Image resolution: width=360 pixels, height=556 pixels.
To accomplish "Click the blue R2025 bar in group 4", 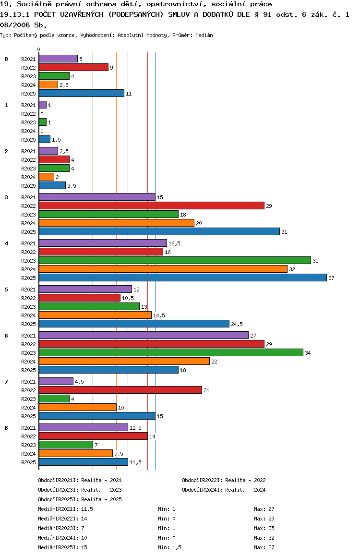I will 182,278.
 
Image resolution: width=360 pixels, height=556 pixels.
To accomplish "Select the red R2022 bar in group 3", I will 151,205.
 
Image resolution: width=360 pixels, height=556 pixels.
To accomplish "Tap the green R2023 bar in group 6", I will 171,352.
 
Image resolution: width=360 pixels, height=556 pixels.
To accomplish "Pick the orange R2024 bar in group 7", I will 77,407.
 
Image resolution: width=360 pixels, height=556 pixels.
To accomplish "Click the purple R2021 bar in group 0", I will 58,59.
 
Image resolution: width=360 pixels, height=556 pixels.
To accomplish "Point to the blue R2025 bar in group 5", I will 134,324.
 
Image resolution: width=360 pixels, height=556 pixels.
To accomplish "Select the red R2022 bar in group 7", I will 120,390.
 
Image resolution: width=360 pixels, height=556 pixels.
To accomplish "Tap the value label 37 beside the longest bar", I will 331,278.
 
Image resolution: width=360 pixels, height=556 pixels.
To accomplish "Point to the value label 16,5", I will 174,243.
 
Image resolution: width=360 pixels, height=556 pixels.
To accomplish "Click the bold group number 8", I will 6,427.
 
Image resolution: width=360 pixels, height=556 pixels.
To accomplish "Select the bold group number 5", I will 6,289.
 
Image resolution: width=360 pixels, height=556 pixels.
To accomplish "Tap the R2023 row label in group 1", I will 28,122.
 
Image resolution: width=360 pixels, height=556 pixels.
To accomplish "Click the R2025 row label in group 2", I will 28,186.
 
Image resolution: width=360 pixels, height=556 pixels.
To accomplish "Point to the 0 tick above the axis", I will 39,49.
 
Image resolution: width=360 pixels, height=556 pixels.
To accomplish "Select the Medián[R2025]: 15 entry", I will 62,547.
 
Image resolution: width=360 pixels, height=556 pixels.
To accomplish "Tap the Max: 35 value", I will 264,528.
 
